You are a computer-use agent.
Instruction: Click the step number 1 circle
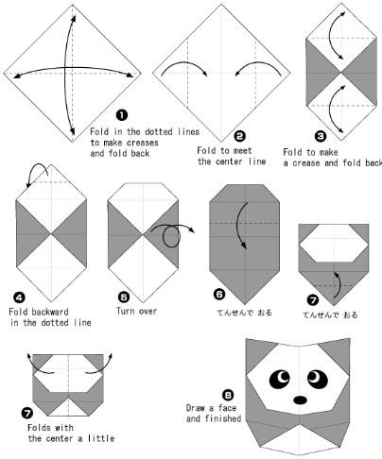[122, 115]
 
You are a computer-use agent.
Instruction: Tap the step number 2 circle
[240, 136]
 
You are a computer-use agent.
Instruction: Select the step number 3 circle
[321, 136]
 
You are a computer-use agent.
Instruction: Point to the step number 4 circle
[20, 297]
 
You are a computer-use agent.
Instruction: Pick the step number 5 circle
[124, 297]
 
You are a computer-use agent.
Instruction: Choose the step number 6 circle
[219, 295]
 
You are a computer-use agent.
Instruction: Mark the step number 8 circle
[228, 395]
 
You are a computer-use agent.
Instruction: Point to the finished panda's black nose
[301, 399]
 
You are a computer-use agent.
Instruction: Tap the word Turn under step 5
[126, 311]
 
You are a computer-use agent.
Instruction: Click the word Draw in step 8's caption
[196, 408]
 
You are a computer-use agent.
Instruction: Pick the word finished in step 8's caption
[223, 418]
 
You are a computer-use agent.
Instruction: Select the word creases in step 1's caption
[143, 143]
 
